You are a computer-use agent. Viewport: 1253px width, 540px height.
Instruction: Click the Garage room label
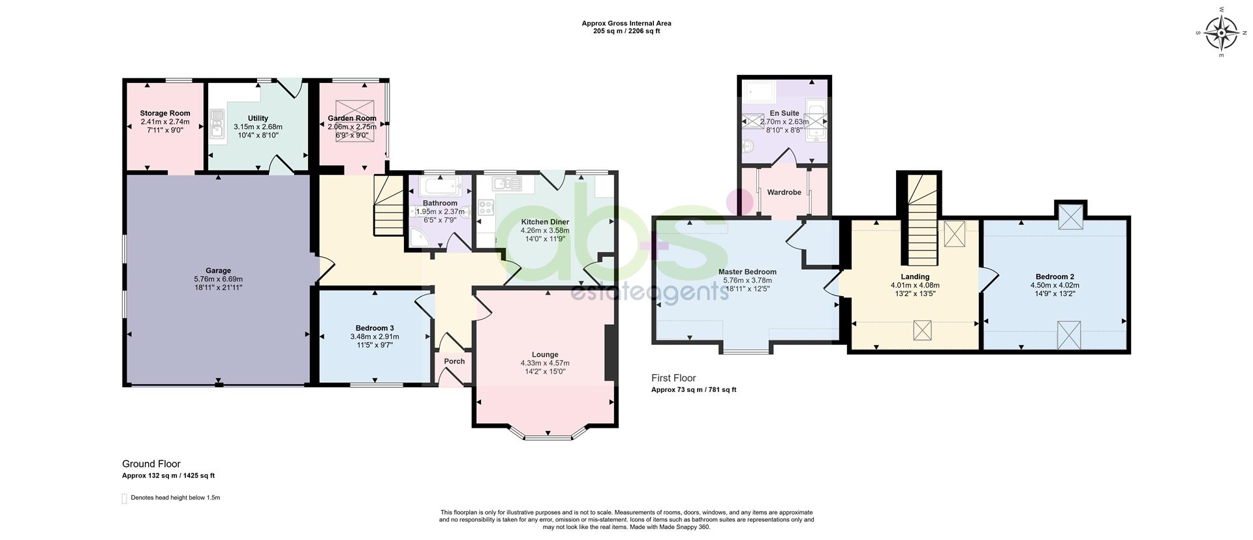coord(218,271)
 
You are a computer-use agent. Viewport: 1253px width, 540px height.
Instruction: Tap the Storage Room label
coord(164,113)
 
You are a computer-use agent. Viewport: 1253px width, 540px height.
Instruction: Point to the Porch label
coord(454,361)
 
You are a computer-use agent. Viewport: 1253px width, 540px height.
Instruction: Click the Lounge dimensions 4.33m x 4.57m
coord(544,363)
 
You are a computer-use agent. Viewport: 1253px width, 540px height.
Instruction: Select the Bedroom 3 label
coord(375,328)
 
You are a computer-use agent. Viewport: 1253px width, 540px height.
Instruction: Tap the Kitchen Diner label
coord(545,222)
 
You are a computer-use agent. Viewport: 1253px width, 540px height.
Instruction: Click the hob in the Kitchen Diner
coord(486,208)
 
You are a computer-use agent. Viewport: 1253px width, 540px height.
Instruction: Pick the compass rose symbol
coord(1221,33)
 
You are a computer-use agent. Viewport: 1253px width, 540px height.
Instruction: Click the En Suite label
coord(784,113)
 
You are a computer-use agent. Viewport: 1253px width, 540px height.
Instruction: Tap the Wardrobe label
coord(784,192)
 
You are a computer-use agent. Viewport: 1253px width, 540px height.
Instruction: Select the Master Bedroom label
coord(747,272)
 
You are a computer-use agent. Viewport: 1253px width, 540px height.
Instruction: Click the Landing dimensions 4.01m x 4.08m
coord(915,285)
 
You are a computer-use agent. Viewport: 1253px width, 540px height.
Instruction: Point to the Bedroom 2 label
coord(1055,277)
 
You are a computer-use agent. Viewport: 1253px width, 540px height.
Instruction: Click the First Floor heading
coord(673,378)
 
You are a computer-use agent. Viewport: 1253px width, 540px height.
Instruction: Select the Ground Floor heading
coord(151,464)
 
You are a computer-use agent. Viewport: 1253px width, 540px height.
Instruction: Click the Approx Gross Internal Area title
coord(626,23)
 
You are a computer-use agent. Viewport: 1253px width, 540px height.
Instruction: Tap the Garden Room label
coord(352,119)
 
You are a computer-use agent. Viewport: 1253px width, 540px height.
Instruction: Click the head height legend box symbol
coord(125,498)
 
